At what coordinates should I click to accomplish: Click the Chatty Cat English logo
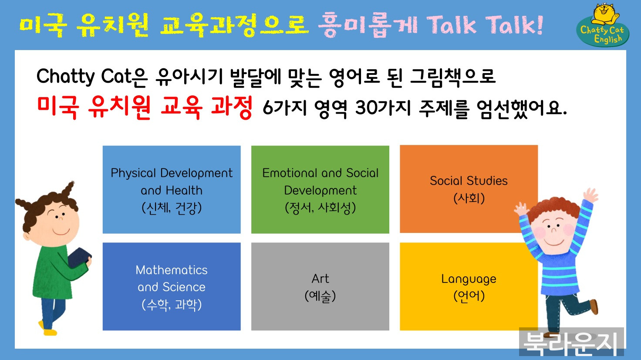(x=602, y=25)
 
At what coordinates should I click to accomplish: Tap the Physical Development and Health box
(x=172, y=189)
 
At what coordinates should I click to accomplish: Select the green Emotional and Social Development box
(x=320, y=189)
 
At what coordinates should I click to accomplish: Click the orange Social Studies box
(x=469, y=189)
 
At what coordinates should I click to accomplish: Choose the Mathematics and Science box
(x=172, y=286)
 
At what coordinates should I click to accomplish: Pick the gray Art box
(x=320, y=286)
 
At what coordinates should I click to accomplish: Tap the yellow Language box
(x=469, y=286)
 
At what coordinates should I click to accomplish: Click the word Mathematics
(x=172, y=270)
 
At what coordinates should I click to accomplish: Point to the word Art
(x=320, y=279)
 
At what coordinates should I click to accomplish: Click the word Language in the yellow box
(x=469, y=279)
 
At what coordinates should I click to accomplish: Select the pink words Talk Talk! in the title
(x=485, y=25)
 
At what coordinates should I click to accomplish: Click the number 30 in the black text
(x=364, y=108)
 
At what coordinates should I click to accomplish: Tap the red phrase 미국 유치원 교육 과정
(x=145, y=107)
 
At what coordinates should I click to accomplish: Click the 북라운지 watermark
(x=571, y=342)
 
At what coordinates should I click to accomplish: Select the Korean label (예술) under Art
(x=320, y=296)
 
